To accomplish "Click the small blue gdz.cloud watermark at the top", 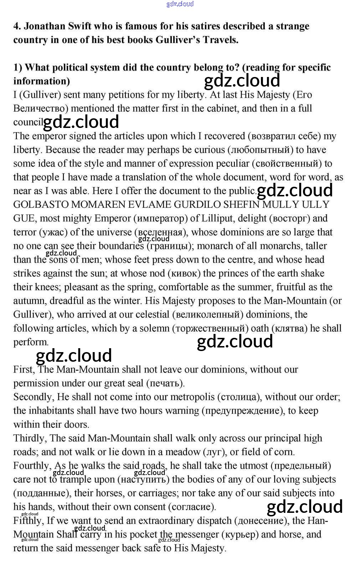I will point(180,4).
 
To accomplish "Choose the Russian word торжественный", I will point(210,328).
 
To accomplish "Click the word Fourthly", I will point(31,466).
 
